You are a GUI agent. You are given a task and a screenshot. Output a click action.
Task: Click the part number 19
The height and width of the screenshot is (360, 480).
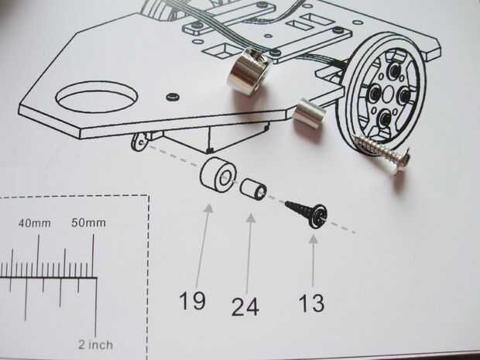click(193, 300)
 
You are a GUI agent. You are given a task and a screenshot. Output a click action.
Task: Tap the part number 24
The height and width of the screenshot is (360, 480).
click(245, 306)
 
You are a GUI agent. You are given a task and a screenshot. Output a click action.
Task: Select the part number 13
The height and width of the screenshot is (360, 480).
click(312, 303)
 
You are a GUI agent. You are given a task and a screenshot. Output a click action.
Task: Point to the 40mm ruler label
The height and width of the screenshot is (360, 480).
click(35, 224)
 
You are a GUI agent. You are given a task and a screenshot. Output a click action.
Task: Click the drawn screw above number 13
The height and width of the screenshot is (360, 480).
click(305, 213)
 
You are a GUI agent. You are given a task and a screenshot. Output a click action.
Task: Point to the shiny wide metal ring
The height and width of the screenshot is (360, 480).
click(247, 70)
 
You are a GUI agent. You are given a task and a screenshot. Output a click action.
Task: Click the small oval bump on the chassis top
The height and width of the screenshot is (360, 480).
click(172, 96)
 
